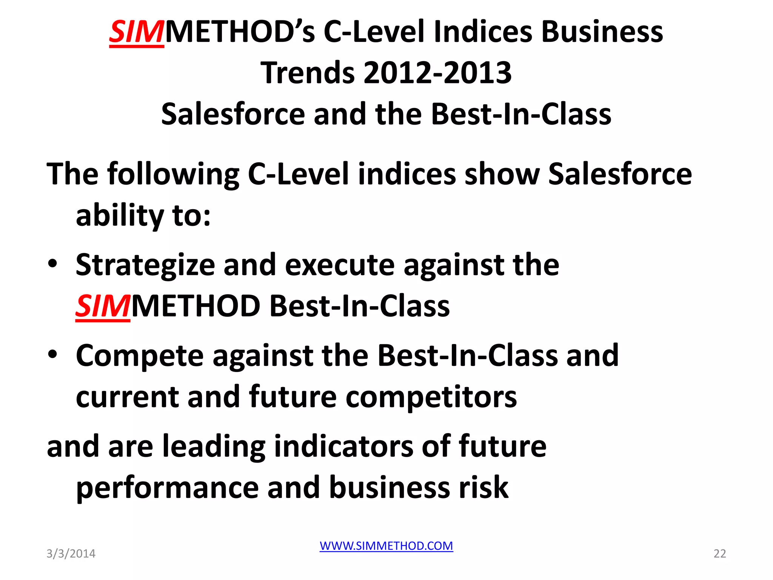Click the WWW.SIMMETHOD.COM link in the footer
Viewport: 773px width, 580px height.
pyautogui.click(x=386, y=546)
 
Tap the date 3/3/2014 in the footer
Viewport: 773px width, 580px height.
pyautogui.click(x=71, y=554)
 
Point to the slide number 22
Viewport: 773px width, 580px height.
pyautogui.click(x=720, y=554)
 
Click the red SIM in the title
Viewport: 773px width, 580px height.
pyautogui.click(x=137, y=32)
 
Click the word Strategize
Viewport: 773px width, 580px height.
pyautogui.click(x=145, y=265)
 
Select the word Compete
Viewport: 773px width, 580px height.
pyautogui.click(x=140, y=356)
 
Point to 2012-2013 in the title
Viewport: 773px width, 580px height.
pyautogui.click(x=437, y=73)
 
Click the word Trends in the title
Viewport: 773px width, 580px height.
pyautogui.click(x=308, y=73)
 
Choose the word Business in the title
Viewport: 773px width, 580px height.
pyautogui.click(x=602, y=32)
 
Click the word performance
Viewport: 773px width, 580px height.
pyautogui.click(x=167, y=488)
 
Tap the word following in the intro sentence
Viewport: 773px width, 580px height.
pyautogui.click(x=173, y=174)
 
